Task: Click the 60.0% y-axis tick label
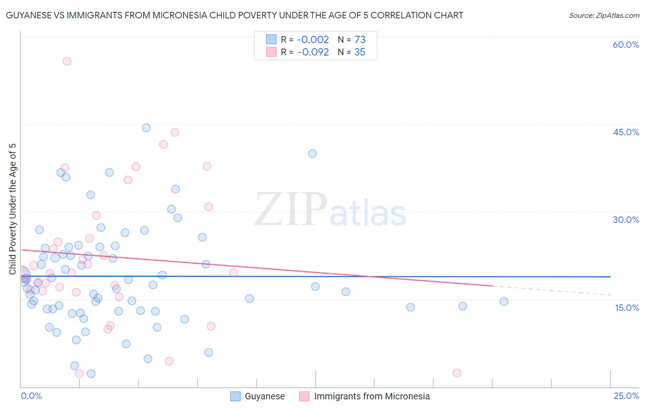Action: pyautogui.click(x=626, y=44)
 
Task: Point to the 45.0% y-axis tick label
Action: pyautogui.click(x=626, y=132)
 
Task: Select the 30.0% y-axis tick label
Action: pyautogui.click(x=626, y=220)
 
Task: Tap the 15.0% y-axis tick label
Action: pyautogui.click(x=627, y=308)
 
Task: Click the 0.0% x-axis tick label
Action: pyautogui.click(x=31, y=396)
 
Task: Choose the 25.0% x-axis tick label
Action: pyautogui.click(x=626, y=396)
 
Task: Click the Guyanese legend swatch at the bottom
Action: pyautogui.click(x=235, y=396)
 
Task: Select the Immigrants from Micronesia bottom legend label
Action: pyautogui.click(x=372, y=396)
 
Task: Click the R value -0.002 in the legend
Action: pyautogui.click(x=313, y=40)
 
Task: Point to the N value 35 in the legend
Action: pyautogui.click(x=360, y=52)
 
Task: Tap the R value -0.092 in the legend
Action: pyautogui.click(x=313, y=52)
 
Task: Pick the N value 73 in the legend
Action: pyautogui.click(x=360, y=40)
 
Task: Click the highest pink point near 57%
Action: pyautogui.click(x=67, y=61)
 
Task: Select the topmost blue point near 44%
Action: pyautogui.click(x=146, y=128)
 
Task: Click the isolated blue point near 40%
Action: pyautogui.click(x=312, y=154)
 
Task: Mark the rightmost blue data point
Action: pyautogui.click(x=504, y=302)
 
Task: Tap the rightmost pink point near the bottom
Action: pyautogui.click(x=457, y=373)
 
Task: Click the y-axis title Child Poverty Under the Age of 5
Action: pyautogui.click(x=13, y=209)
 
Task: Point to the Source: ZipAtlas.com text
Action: pyautogui.click(x=604, y=15)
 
